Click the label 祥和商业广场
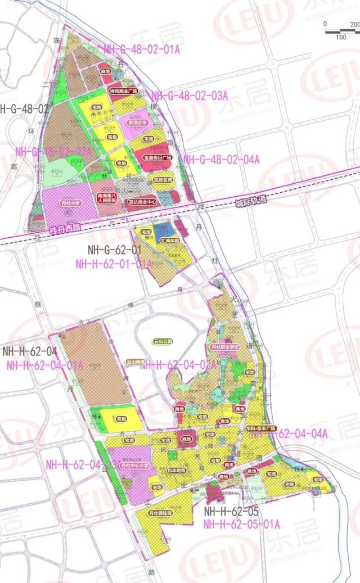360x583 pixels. [x=124, y=91]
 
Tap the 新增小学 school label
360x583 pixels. [x=137, y=122]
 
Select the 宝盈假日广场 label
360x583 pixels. [x=156, y=159]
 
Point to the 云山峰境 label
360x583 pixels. [x=136, y=361]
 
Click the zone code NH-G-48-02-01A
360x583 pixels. [x=142, y=49]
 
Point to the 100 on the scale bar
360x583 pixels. [x=340, y=37]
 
